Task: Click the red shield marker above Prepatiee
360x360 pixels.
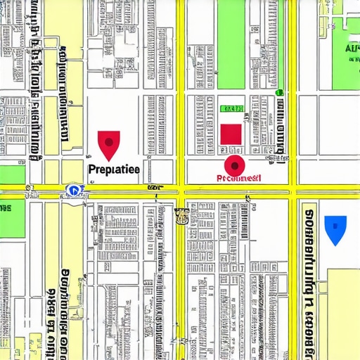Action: click(x=108, y=144)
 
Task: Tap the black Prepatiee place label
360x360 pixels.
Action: click(x=115, y=169)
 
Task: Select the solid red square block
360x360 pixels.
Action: click(x=231, y=134)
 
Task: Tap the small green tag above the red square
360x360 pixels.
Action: click(x=231, y=109)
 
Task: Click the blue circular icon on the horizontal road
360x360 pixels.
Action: click(x=73, y=189)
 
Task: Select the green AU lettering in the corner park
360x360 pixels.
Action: click(x=352, y=50)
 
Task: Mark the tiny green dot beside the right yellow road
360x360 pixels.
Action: click(x=279, y=92)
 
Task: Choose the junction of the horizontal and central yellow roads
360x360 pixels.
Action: click(x=181, y=188)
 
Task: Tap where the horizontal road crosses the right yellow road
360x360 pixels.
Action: click(x=292, y=188)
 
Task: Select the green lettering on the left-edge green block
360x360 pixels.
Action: click(x=6, y=208)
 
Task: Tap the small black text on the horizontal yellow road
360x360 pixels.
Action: click(x=153, y=188)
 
